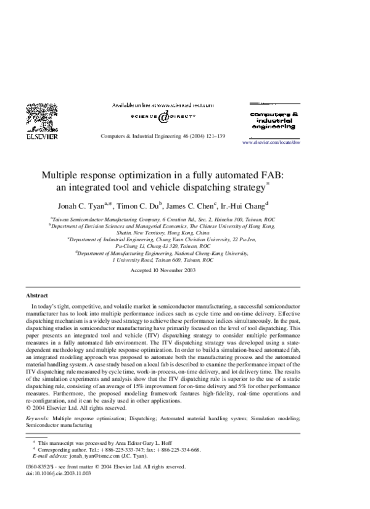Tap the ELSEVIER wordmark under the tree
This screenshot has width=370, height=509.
tap(41, 137)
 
